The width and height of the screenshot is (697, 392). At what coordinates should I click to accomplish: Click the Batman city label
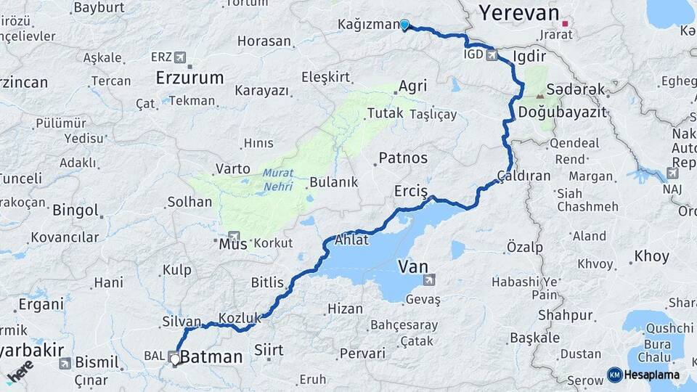(x=211, y=357)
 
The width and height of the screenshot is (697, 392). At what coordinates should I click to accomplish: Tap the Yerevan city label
(x=519, y=12)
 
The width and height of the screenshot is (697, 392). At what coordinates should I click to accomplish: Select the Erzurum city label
(x=192, y=78)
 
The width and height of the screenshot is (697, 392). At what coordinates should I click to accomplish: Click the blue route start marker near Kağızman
(x=404, y=25)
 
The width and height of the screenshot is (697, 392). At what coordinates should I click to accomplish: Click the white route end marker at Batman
(x=174, y=358)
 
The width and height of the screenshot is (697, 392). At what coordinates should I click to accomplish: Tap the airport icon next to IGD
(x=494, y=54)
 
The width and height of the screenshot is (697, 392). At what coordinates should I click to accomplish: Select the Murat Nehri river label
(x=278, y=179)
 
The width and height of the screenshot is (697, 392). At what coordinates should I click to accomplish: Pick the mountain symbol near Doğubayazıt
(x=540, y=95)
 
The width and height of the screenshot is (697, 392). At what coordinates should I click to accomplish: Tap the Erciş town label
(x=412, y=191)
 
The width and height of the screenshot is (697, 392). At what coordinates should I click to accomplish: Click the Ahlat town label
(x=351, y=240)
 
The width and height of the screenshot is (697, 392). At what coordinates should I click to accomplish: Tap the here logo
(x=20, y=370)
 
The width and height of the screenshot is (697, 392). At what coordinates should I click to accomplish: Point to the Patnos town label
(x=403, y=158)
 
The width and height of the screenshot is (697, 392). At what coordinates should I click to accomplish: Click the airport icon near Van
(x=430, y=279)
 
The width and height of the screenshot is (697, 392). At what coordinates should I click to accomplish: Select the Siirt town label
(x=268, y=351)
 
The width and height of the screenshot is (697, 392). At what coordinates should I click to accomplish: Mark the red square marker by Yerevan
(x=565, y=24)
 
